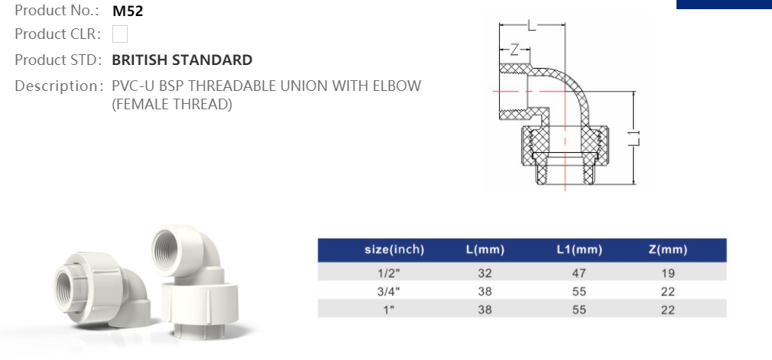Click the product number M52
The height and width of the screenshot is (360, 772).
(x=128, y=11)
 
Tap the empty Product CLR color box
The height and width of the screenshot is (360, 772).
(x=119, y=34)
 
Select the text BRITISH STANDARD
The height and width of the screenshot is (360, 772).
(x=182, y=60)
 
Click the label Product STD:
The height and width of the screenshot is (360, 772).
(x=59, y=60)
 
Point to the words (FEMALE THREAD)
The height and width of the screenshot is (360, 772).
(x=172, y=104)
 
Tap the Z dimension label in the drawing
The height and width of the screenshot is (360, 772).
(x=514, y=50)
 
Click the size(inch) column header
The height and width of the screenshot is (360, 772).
(x=394, y=250)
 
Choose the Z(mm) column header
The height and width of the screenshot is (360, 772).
(x=667, y=250)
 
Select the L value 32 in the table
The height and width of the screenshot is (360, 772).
(x=485, y=272)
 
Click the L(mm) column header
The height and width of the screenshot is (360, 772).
(x=485, y=250)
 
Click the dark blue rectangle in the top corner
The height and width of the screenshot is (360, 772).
(x=724, y=4)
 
